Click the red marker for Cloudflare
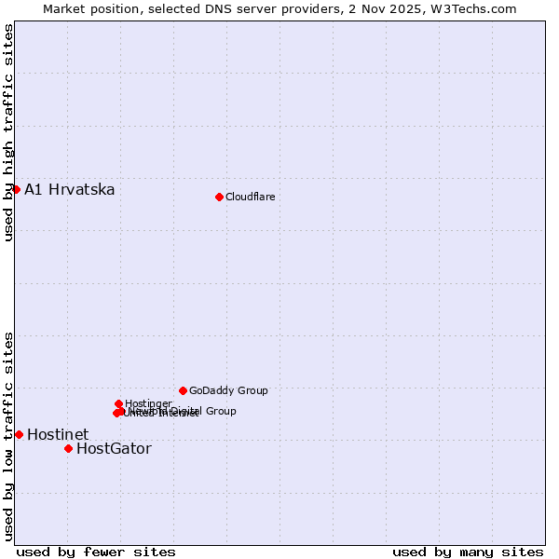pyautogui.click(x=219, y=197)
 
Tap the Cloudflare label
pyautogui.click(x=251, y=197)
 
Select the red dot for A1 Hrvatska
pyautogui.click(x=16, y=189)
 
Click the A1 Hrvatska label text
pyautogui.click(x=70, y=190)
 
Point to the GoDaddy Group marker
pyautogui.click(x=183, y=390)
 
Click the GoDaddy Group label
pyautogui.click(x=228, y=390)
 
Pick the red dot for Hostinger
pyautogui.click(x=118, y=403)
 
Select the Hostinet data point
pyautogui.click(x=19, y=434)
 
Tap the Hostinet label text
pyautogui.click(x=58, y=434)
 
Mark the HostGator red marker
pyautogui.click(x=68, y=448)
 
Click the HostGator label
pyautogui.click(x=114, y=449)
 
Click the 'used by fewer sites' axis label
pyautogui.click(x=96, y=552)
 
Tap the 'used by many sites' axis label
pyautogui.click(x=468, y=552)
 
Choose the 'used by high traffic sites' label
pyautogui.click(x=8, y=132)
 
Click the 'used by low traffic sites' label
pyautogui.click(x=8, y=436)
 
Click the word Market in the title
pyautogui.click(x=65, y=8)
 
